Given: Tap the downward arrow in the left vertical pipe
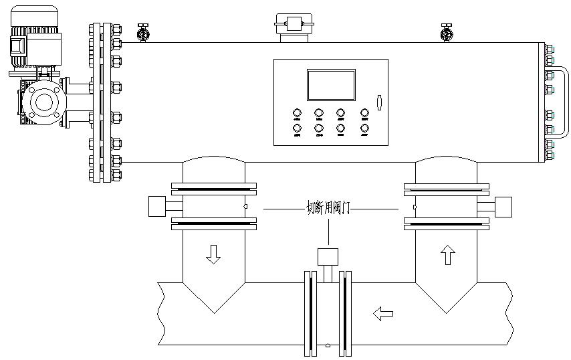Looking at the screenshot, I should coord(213,254).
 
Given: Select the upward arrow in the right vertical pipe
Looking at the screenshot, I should coord(447,254).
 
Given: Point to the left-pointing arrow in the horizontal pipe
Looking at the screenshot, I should coord(383,312).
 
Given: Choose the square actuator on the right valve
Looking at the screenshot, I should coord(502,206).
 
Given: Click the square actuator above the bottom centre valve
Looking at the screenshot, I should coord(328,256).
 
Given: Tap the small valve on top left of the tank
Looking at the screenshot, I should coord(142,32).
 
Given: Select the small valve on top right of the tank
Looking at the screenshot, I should coord(446,32).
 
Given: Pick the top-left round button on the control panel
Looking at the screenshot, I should coord(297,113).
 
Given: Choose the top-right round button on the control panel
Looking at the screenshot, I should coord(365,113).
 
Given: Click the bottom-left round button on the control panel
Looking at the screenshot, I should coord(297,128).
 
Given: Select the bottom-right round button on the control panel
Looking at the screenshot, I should coord(365,128).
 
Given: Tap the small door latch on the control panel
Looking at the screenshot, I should coord(378,102).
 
